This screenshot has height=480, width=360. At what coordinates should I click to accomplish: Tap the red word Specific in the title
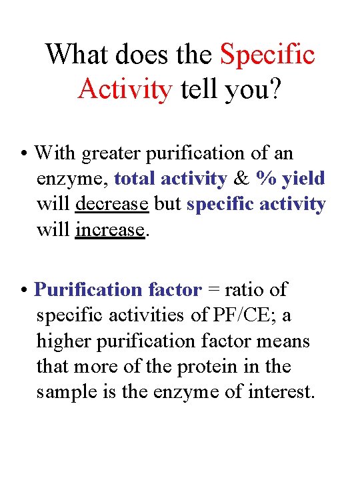click(x=267, y=54)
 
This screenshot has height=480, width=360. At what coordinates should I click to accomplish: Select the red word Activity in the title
click(x=125, y=89)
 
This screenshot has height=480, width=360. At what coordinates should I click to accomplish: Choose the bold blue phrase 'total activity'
click(x=171, y=179)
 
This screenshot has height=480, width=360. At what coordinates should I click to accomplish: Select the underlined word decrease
click(x=112, y=204)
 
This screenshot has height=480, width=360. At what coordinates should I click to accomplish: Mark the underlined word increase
click(x=110, y=230)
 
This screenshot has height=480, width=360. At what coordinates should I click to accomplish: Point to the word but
click(x=168, y=204)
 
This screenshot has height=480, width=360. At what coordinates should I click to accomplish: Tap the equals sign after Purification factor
click(x=213, y=291)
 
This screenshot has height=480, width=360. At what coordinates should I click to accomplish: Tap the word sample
click(x=69, y=392)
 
